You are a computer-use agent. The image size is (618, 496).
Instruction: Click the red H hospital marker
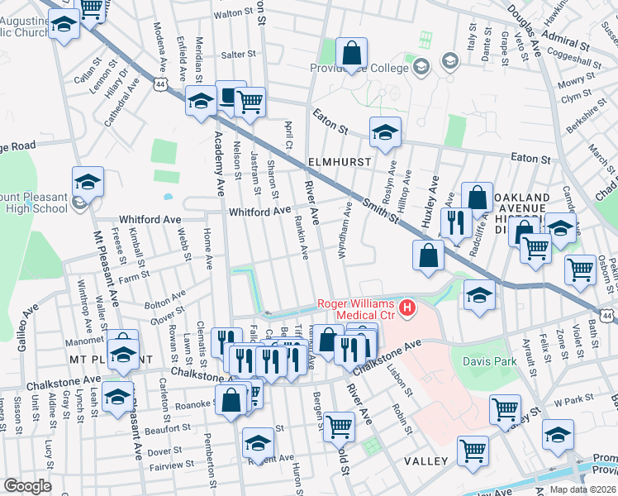click(407, 309)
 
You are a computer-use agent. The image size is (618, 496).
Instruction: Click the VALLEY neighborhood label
click(426, 460)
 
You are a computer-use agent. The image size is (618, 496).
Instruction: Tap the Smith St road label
click(383, 211)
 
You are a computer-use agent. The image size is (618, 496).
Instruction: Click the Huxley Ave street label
click(428, 203)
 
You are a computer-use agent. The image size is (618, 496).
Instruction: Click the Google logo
click(27, 486)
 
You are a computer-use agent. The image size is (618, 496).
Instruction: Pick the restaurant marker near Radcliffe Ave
click(455, 222)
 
